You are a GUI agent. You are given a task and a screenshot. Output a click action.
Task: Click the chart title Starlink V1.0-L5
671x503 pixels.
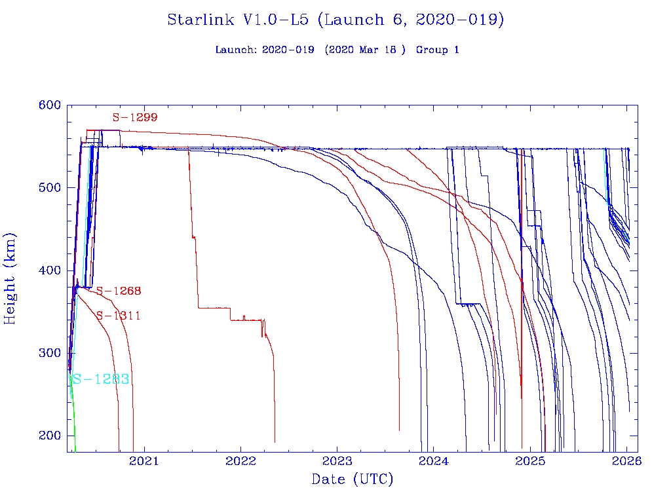(x=335, y=20)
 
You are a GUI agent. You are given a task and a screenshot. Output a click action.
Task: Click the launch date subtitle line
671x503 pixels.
(x=337, y=50)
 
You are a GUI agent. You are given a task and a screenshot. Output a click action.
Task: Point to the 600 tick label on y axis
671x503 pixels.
(x=50, y=105)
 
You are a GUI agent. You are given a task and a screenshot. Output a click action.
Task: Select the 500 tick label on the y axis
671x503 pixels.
(x=50, y=188)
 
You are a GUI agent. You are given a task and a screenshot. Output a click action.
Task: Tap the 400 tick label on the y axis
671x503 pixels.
(x=50, y=270)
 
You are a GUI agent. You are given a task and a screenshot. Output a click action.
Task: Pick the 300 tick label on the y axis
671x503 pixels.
(x=50, y=353)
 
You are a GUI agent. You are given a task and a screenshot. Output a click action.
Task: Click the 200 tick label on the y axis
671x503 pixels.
(x=50, y=436)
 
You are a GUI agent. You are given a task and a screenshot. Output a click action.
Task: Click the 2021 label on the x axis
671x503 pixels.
(x=144, y=461)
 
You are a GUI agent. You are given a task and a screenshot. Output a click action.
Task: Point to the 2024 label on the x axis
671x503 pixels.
(x=434, y=461)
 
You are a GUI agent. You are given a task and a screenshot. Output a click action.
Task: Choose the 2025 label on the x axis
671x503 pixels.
(x=530, y=461)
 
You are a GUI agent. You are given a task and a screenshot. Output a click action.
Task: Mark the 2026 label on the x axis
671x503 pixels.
(x=626, y=461)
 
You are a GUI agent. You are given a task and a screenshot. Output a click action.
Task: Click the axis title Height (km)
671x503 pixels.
(x=10, y=278)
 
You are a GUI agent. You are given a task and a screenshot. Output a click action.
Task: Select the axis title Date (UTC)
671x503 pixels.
(x=352, y=480)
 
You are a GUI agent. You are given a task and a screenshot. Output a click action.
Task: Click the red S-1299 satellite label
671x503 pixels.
(x=134, y=118)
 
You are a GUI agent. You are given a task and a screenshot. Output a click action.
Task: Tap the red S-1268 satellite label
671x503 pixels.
(x=119, y=291)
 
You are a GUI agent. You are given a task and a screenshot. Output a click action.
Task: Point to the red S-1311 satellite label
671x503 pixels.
(x=119, y=316)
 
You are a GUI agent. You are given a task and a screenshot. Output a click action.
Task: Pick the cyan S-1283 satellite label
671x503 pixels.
(x=100, y=379)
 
